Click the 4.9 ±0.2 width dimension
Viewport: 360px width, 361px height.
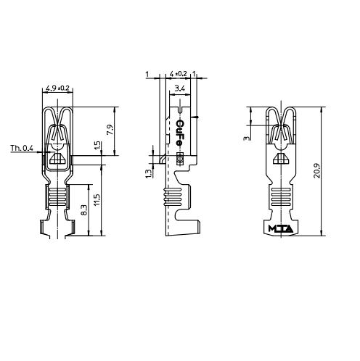click(57, 88)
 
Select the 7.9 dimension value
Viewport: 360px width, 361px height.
click(110, 130)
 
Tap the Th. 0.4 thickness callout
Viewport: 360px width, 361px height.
click(22, 148)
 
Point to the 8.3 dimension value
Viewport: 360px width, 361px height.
click(84, 210)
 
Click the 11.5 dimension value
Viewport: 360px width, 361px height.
click(97, 199)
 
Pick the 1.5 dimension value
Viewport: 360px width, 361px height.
click(97, 146)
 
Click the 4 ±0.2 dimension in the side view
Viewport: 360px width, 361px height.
click(178, 74)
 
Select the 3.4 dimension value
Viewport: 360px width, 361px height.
click(179, 88)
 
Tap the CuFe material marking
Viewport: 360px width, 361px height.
click(179, 133)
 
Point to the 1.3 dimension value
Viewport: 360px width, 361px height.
click(149, 173)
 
